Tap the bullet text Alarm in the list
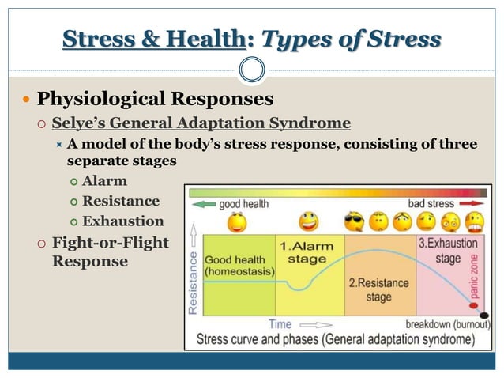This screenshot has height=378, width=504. (x=104, y=181)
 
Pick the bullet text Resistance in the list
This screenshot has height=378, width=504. (x=120, y=201)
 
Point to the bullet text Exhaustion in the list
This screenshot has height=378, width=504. (x=122, y=221)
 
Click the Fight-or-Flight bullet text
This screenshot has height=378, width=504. (x=110, y=242)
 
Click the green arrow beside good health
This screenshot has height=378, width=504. (x=203, y=204)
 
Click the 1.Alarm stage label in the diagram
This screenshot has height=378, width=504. (x=307, y=252)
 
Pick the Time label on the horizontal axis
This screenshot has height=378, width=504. (x=280, y=324)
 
